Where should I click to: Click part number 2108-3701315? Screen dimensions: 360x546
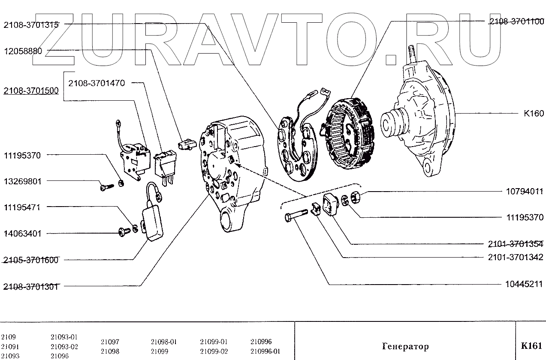(x=31, y=24)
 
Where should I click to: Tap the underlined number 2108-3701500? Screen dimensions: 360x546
(x=31, y=91)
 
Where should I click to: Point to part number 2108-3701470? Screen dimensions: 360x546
(x=97, y=83)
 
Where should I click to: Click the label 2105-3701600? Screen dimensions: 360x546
(x=31, y=260)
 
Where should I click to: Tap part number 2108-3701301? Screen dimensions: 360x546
(x=31, y=286)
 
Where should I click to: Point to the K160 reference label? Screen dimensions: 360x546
(x=533, y=114)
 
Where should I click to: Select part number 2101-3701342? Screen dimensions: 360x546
(x=516, y=257)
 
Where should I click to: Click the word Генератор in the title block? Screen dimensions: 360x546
(x=405, y=346)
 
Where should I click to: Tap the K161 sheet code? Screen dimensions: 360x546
(x=531, y=346)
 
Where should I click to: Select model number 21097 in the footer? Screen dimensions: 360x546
(x=110, y=342)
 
